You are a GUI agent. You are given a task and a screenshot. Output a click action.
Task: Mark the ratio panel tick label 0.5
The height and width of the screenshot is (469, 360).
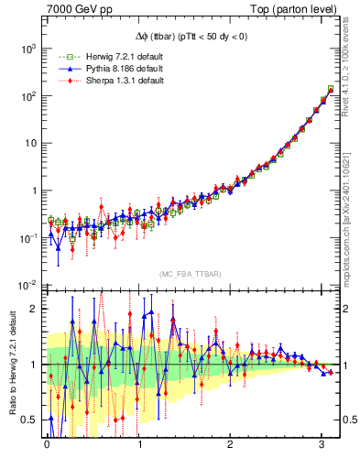pyautogui.click(x=31, y=420)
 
